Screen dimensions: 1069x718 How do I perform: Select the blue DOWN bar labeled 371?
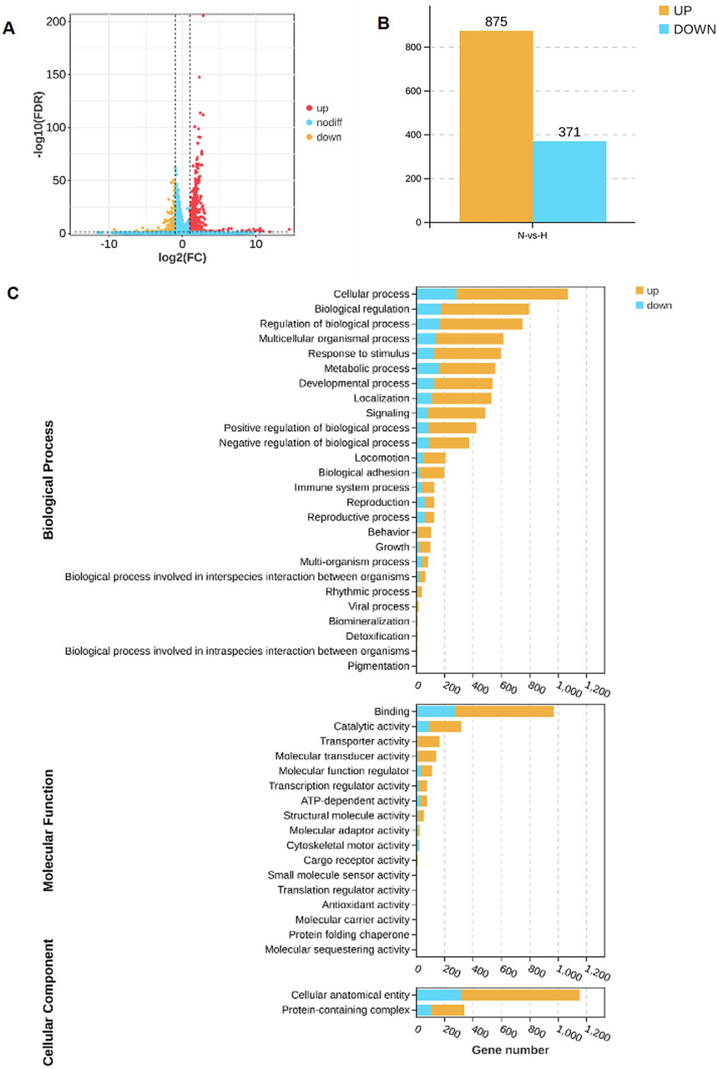[x=569, y=182]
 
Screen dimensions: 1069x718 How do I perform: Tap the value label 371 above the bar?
[x=569, y=132]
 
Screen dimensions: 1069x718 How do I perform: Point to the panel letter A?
[x=9, y=29]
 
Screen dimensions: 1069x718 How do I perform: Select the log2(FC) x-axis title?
[x=183, y=257]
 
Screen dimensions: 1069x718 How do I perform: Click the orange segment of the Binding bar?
[x=504, y=712]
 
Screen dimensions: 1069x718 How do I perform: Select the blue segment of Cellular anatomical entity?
[x=439, y=995]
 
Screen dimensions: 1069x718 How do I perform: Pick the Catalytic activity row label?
[x=372, y=727]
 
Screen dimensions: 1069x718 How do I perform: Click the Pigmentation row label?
[x=379, y=666]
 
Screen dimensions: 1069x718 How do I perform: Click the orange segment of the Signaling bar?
[x=456, y=413]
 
